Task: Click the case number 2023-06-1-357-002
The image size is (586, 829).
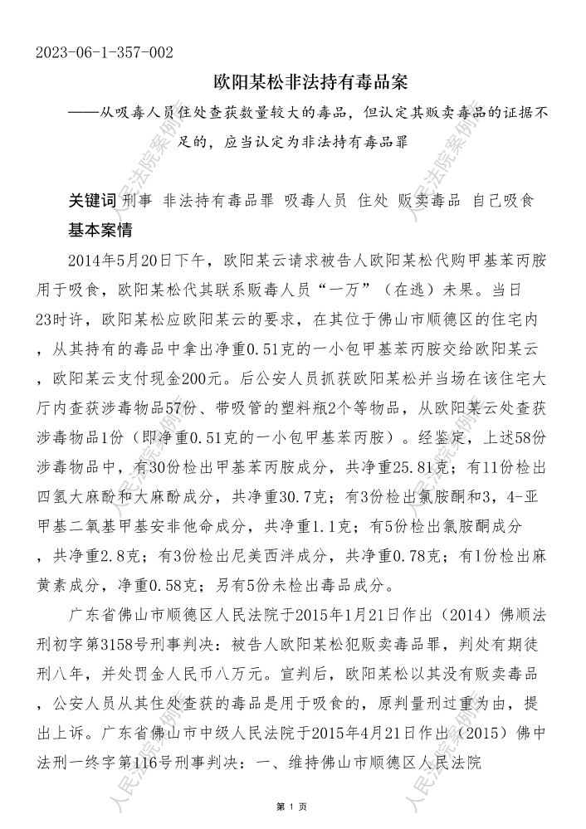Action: [105, 53]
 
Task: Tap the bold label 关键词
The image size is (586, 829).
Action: [92, 202]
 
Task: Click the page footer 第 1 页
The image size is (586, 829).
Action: [292, 807]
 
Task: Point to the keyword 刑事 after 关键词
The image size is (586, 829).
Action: [139, 202]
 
